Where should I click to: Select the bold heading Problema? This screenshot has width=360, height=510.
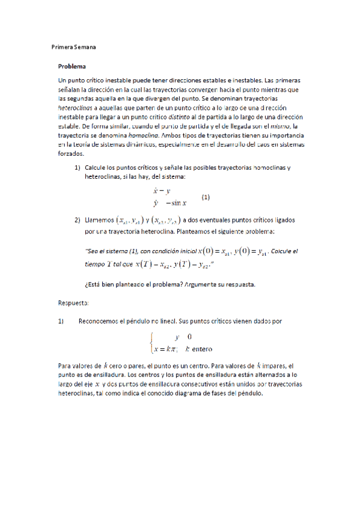pyautogui.click(x=72, y=66)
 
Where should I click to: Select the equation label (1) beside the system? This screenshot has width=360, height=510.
pyautogui.click(x=206, y=197)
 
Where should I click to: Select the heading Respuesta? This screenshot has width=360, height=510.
pyautogui.click(x=73, y=303)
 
